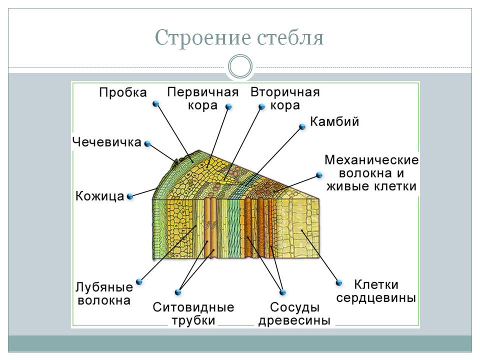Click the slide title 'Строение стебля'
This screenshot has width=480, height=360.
(x=239, y=37)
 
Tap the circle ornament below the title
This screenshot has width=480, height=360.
(x=240, y=66)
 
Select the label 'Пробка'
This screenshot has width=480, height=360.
(x=123, y=92)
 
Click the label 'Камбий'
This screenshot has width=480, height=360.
(x=334, y=121)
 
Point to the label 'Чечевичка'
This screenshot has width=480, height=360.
(x=107, y=142)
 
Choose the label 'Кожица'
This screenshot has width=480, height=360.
(x=100, y=196)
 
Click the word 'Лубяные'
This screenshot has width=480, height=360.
(x=104, y=287)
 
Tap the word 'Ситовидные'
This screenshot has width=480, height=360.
(x=193, y=307)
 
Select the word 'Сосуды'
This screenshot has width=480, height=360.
(x=294, y=307)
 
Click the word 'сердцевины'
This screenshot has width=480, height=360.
(x=376, y=297)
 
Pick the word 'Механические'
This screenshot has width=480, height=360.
(x=371, y=160)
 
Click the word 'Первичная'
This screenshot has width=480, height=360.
(x=202, y=92)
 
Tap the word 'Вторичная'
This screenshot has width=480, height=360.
(x=285, y=92)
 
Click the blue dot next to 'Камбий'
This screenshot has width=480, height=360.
(x=302, y=126)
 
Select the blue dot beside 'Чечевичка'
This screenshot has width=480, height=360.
(x=147, y=143)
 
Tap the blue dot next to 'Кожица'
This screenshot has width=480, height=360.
(x=130, y=196)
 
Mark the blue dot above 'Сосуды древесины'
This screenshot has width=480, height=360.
(x=282, y=292)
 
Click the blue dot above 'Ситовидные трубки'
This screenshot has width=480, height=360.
(x=178, y=292)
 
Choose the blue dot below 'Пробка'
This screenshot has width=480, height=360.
(x=156, y=104)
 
